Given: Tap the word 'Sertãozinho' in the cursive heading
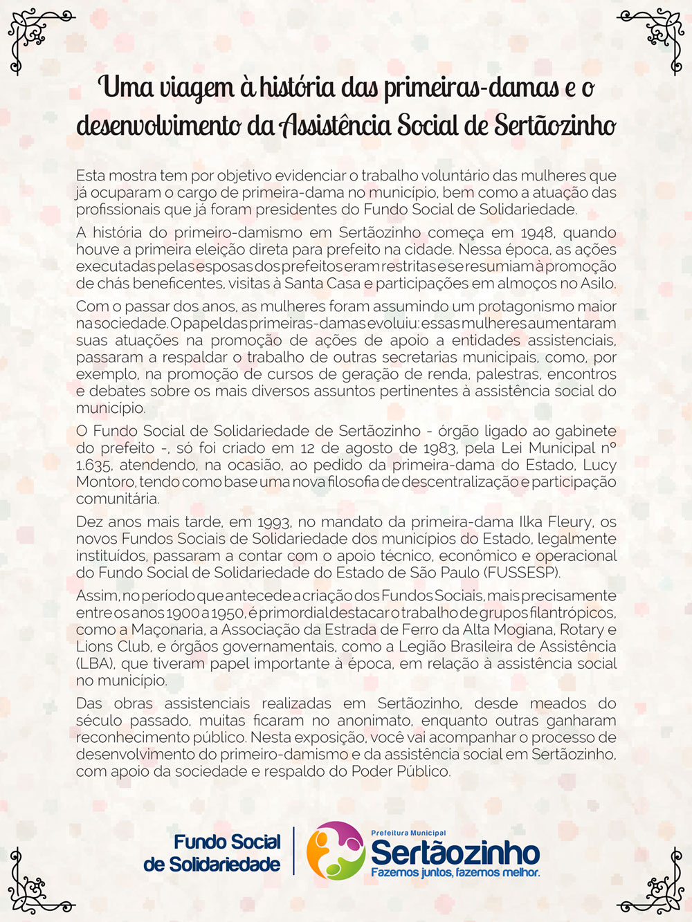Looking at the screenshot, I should coord(555,126).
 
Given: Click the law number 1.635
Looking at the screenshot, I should coord(93,465).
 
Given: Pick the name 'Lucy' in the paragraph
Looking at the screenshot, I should coord(599,465).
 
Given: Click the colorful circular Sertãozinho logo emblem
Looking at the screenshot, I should coord(336,851).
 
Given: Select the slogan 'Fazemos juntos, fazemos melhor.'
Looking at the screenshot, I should coord(455,873).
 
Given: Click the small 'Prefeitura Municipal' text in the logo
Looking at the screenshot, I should coord(408,833).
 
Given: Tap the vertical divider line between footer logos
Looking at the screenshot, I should coord(293,851).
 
